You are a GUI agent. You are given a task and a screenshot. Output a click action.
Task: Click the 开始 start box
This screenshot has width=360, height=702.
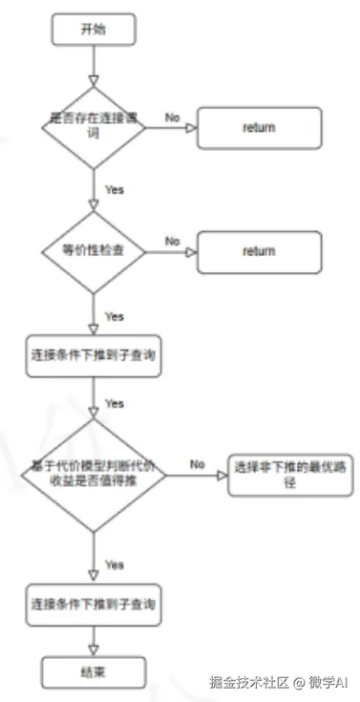[x=93, y=30]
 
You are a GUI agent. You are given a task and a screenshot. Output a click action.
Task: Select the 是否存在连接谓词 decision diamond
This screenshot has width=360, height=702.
[x=93, y=127]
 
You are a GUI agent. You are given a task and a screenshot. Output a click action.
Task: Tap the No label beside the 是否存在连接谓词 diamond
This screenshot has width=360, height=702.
[x=173, y=117]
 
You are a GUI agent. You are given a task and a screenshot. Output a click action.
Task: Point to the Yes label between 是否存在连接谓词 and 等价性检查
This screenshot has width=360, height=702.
[x=114, y=190]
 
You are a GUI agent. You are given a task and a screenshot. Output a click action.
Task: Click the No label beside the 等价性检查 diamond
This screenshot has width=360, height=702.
[x=173, y=242]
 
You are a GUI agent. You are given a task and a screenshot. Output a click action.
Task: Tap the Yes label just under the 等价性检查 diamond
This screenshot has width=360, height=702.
[x=114, y=315]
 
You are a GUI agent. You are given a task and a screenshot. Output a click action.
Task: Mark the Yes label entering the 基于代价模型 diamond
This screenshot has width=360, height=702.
[x=114, y=403]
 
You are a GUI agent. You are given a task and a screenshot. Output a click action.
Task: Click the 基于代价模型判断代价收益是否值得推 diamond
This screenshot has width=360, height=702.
[x=93, y=475]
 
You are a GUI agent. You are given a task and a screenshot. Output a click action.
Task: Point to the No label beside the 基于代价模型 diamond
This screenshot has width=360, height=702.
[x=198, y=463]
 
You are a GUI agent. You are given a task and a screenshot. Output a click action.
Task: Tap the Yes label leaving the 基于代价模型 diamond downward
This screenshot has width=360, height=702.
[x=114, y=564]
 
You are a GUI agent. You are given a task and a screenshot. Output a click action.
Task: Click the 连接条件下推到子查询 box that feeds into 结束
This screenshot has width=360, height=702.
[x=92, y=606]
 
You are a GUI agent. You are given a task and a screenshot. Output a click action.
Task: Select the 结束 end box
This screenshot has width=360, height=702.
[x=93, y=671]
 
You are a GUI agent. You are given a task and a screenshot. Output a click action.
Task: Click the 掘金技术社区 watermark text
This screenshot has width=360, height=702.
[x=248, y=683]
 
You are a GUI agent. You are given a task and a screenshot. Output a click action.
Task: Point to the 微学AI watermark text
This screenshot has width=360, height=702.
[x=329, y=683]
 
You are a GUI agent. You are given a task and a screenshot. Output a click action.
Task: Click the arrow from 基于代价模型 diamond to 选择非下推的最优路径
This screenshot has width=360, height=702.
[x=196, y=475]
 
